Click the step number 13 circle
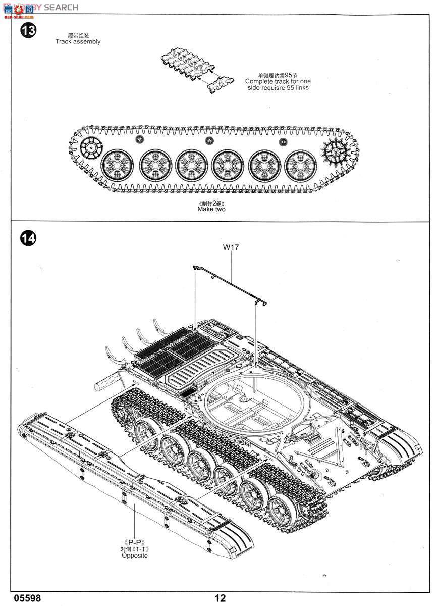click(28, 31)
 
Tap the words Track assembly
click(78, 42)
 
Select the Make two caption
click(211, 209)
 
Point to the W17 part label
click(231, 247)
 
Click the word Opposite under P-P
click(135, 555)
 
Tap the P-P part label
click(135, 543)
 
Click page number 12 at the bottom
click(220, 598)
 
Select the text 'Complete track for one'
click(278, 81)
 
